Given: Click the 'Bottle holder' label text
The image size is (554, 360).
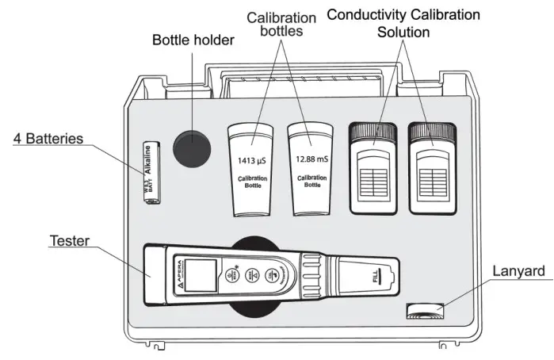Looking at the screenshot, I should coord(193,40).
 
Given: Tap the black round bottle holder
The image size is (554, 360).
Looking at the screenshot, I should coord(193,149).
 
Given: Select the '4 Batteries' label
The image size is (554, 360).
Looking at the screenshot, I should coord(48,138).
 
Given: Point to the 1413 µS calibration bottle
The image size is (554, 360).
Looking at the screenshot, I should coord(253,168).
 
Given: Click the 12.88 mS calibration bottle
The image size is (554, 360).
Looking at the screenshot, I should coord(311,168).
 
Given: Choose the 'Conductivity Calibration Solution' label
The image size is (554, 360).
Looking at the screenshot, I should coord(403,23).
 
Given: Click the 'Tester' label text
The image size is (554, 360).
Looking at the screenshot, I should coord(69,239).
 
